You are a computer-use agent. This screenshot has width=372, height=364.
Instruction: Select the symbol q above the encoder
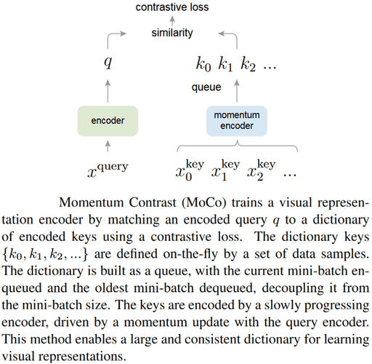coord(108,63)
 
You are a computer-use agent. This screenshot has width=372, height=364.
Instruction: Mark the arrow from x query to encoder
coord(108,149)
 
